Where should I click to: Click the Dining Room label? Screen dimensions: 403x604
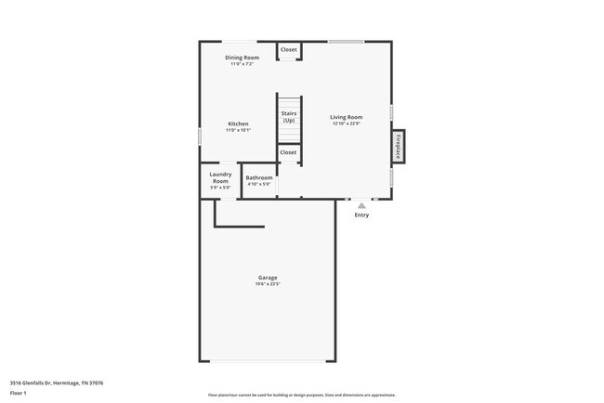tap(242, 58)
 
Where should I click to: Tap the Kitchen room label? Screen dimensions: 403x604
tap(238, 123)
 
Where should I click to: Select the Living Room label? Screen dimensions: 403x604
tap(346, 117)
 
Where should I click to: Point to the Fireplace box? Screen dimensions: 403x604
tap(398, 147)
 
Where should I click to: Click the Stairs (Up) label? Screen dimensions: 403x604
tap(289, 116)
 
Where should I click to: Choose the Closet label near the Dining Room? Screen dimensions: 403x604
tap(289, 49)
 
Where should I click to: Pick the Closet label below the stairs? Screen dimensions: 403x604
tap(288, 152)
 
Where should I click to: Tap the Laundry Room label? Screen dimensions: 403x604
tap(220, 176)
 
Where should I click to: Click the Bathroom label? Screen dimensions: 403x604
tap(259, 177)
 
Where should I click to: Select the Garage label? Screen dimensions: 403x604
tap(268, 278)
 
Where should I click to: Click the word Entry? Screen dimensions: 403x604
tap(361, 215)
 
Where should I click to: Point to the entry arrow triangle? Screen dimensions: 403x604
tap(361, 205)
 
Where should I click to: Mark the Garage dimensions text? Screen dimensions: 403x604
tap(268, 284)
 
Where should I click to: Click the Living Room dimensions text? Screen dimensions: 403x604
tap(346, 123)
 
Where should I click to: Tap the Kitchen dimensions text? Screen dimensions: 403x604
tap(238, 130)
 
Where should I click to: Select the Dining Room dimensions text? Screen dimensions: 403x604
tap(242, 64)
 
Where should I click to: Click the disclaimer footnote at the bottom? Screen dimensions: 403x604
tap(301, 395)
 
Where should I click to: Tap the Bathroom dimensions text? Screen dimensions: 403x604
tap(259, 184)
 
